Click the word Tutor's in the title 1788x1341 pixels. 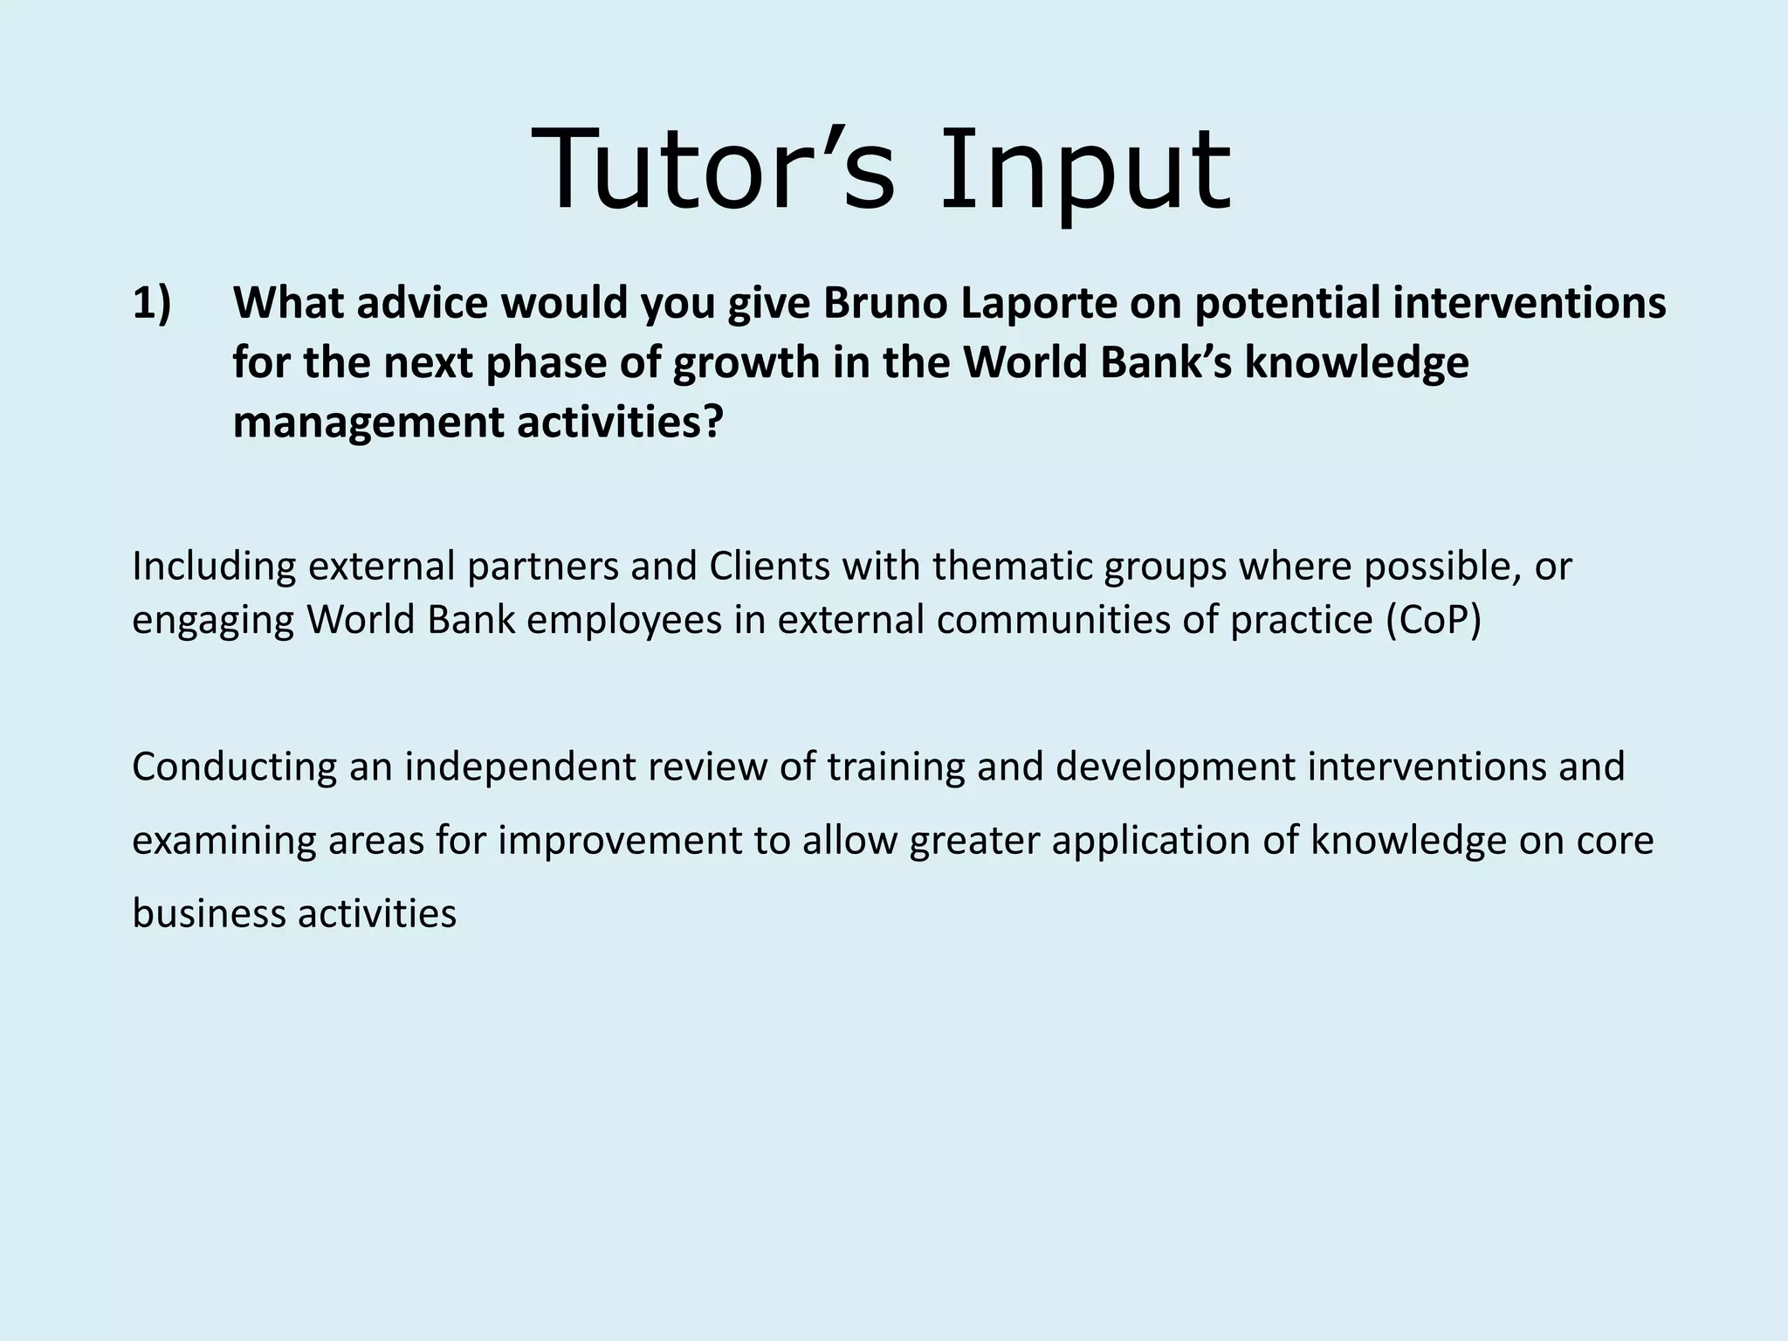[712, 170]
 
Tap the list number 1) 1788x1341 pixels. [153, 304]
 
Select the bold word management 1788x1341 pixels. [368, 423]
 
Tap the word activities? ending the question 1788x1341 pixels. [621, 423]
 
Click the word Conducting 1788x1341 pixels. [234, 767]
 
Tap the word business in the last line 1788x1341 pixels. [208, 914]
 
